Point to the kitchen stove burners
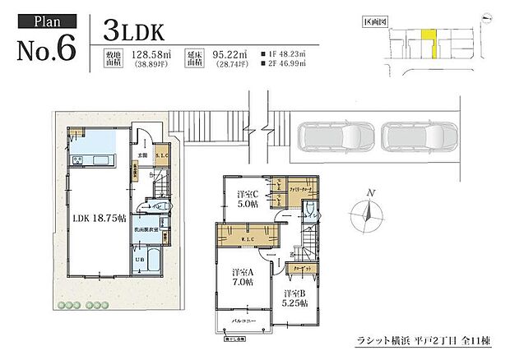77,159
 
